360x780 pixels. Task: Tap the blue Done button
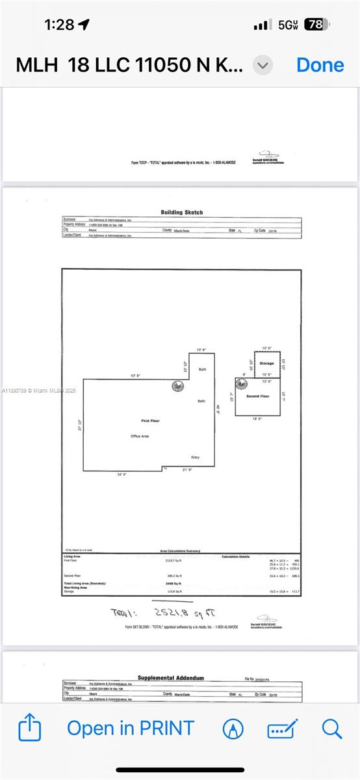[320, 65]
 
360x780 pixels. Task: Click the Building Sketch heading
[182, 212]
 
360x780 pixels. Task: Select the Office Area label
[140, 436]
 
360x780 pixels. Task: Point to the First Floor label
[150, 421]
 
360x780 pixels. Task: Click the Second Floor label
[257, 396]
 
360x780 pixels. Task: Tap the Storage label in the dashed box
[266, 363]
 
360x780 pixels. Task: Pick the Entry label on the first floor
[196, 457]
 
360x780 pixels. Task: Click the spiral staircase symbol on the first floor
[178, 386]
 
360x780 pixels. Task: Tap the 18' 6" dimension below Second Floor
[257, 419]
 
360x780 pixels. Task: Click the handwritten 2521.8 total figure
[183, 612]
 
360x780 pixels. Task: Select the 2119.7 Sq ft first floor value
[175, 560]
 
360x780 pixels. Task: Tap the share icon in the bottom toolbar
[30, 728]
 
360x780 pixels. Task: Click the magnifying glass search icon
[331, 728]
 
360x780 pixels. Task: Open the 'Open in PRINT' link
[131, 728]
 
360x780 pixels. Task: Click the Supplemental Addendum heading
[170, 677]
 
